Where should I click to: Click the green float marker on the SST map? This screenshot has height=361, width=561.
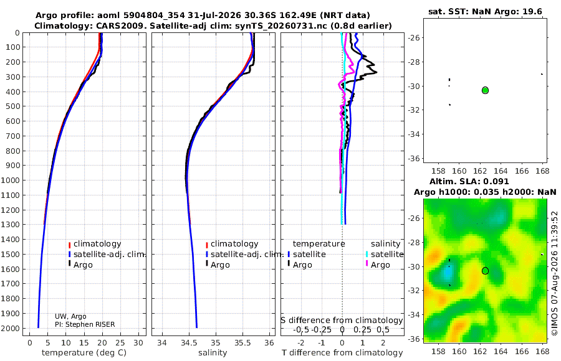[x=485, y=90]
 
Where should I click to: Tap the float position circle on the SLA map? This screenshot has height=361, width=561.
[x=485, y=271]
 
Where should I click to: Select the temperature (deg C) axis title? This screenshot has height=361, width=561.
[x=84, y=353]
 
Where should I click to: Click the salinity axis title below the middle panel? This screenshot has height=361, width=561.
[x=213, y=353]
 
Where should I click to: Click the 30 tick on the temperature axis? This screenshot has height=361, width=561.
[x=138, y=343]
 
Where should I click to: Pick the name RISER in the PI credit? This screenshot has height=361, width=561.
[x=105, y=324]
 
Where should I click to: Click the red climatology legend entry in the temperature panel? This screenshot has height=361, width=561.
[x=95, y=244]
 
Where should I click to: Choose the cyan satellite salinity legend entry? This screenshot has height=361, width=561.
[x=385, y=254]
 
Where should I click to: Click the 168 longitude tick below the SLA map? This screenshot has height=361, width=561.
[x=542, y=351]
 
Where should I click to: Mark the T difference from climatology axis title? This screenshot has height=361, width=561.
[x=342, y=353]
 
